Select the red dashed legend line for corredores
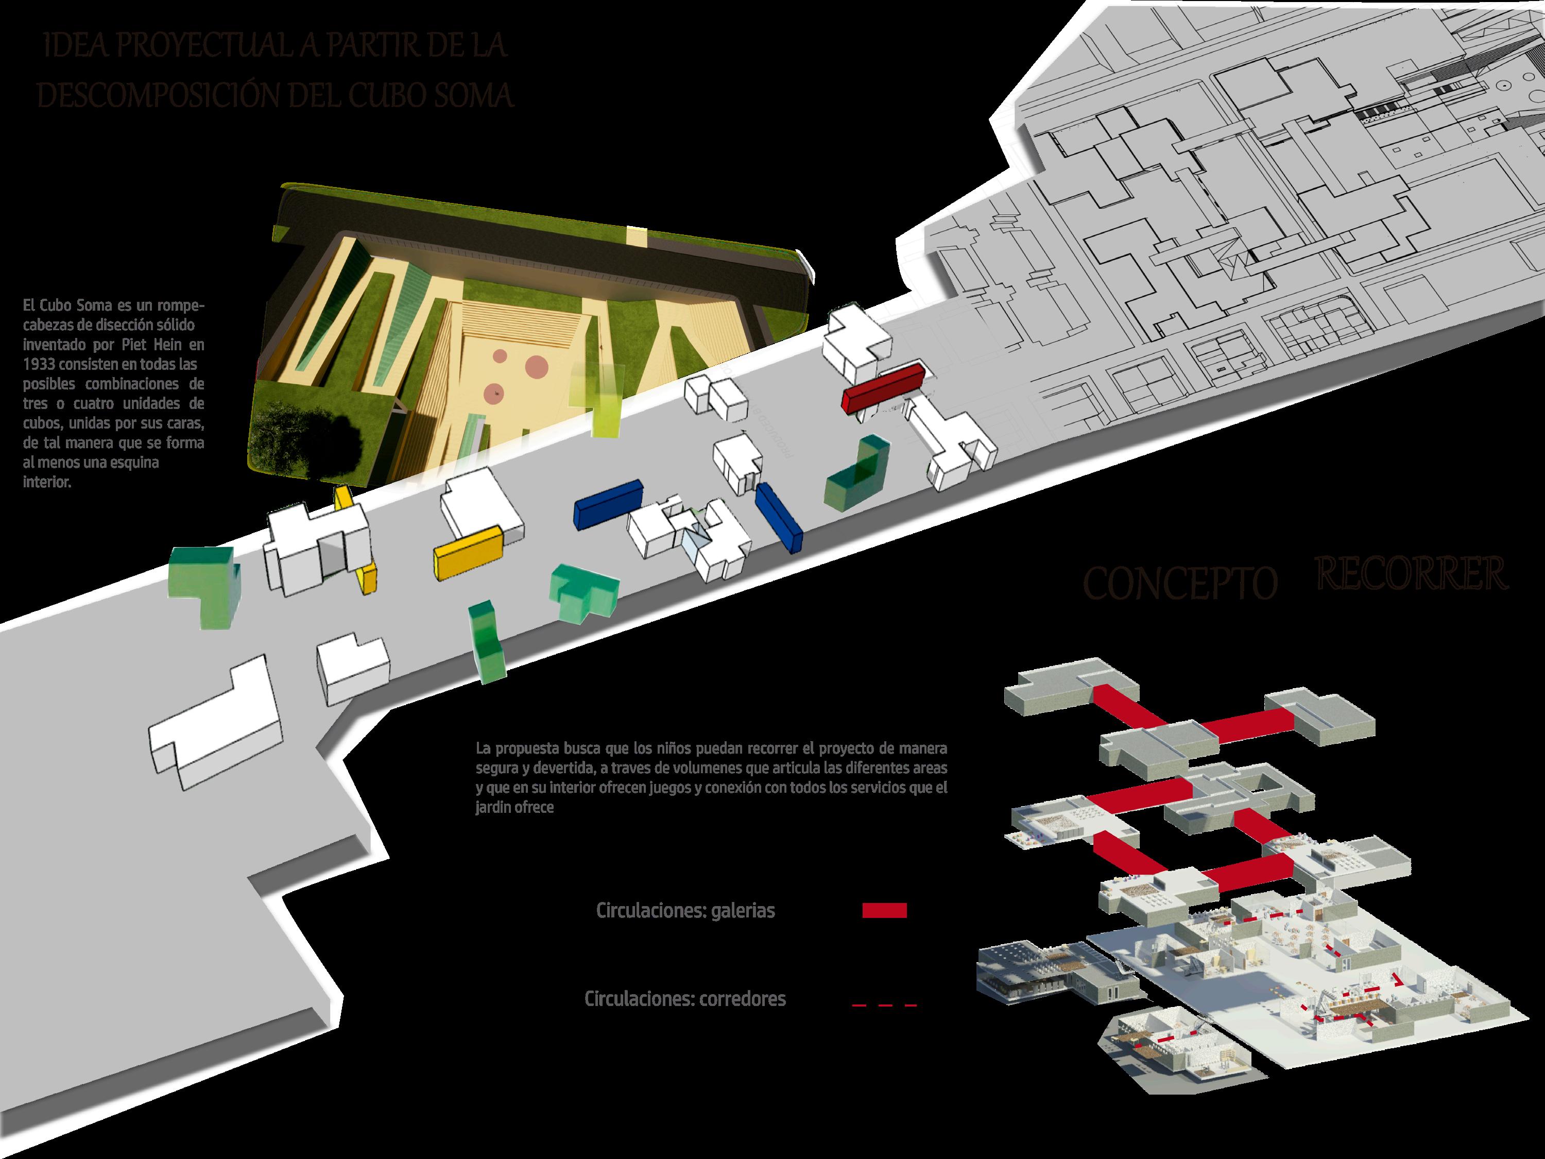(x=884, y=1005)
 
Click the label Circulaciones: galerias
(x=685, y=911)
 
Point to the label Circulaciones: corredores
(x=684, y=999)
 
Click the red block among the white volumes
(x=884, y=388)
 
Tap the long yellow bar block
(x=469, y=551)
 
